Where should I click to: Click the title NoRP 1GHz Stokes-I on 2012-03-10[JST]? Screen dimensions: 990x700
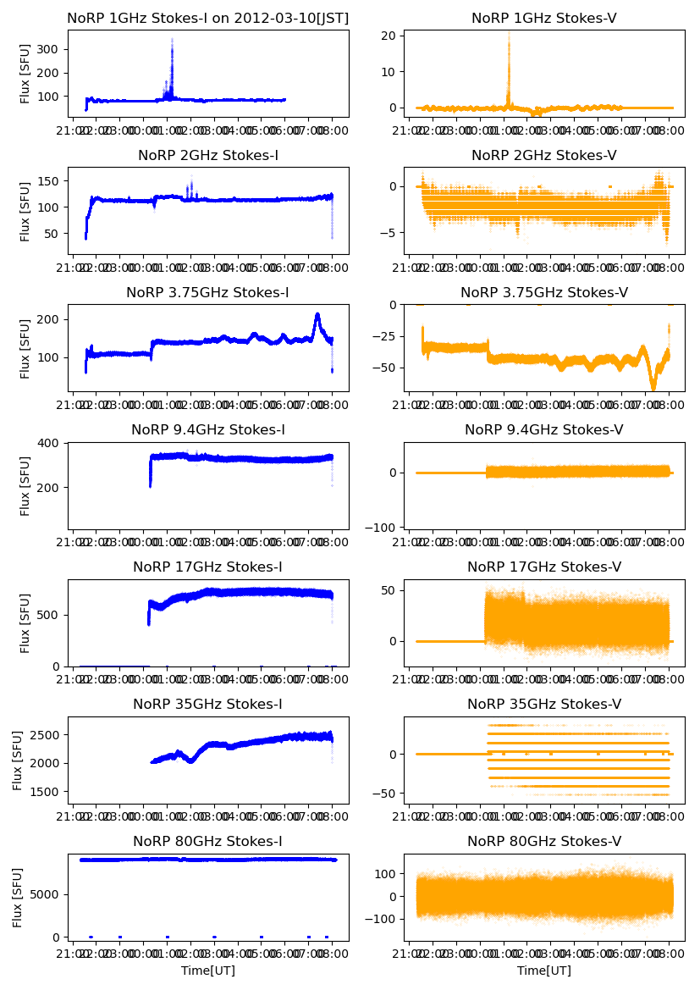207,18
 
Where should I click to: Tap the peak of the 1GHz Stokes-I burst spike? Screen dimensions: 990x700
172,39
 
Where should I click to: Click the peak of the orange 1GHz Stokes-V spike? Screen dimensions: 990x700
509,32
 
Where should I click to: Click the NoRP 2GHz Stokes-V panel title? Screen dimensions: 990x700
543,155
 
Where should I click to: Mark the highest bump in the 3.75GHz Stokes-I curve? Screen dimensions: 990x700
317,315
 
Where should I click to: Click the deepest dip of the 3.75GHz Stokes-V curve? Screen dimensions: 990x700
653,389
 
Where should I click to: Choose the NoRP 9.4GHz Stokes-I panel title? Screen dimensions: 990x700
207,429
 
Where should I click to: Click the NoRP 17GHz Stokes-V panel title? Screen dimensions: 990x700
543,567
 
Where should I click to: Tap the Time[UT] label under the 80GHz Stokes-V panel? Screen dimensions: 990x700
543,971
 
